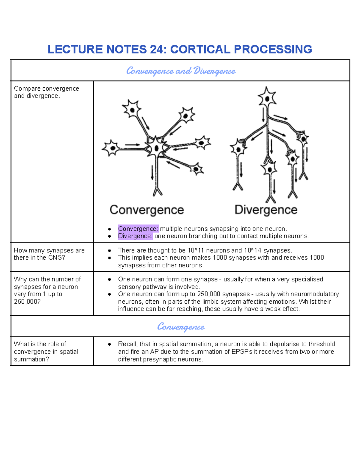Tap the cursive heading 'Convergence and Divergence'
181,71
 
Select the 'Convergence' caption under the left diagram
147,210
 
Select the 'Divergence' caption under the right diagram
266,210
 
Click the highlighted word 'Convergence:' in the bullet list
138,229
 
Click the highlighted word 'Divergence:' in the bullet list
135,236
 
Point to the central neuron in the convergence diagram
156,147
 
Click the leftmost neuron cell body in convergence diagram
112,148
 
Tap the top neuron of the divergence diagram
266,98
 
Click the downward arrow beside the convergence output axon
152,173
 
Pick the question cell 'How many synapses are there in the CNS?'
49,254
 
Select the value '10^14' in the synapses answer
253,250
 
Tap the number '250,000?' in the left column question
27,302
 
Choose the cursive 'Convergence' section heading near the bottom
181,326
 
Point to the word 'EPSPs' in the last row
242,352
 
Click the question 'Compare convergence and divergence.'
46,92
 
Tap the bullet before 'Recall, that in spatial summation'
109,344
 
